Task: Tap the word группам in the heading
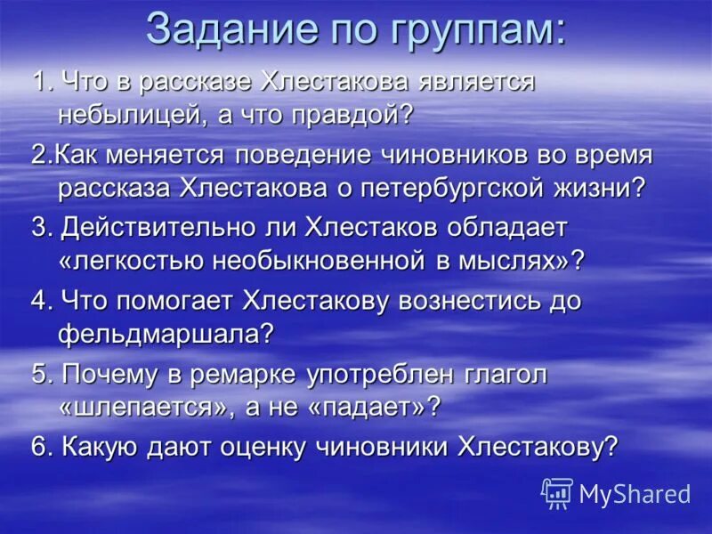tap(473, 31)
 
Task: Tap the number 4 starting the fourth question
tap(38, 301)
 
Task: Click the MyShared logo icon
tap(557, 492)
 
